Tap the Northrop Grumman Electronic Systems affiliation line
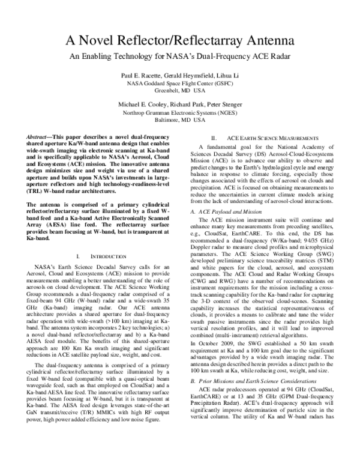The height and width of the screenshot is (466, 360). (180, 112)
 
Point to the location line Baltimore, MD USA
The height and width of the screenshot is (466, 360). (180, 120)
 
